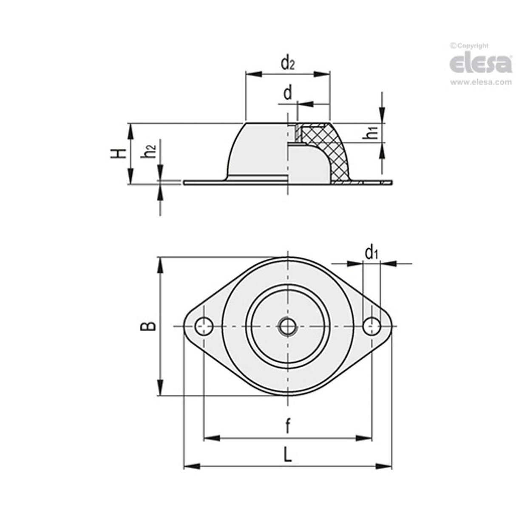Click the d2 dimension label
288,63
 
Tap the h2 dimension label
150,152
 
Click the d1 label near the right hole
371,253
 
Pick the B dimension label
149,326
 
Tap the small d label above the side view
288,93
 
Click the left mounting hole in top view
204,326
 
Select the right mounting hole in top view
372,326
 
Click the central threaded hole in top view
288,326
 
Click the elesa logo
480,63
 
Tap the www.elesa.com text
481,82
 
